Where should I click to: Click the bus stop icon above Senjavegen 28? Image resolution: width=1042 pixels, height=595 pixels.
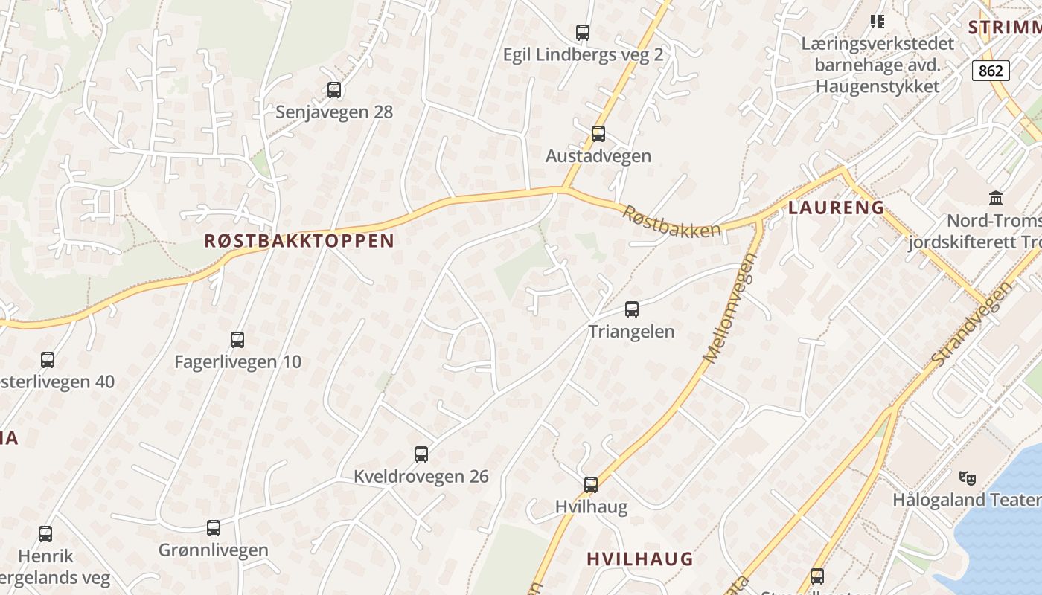click(x=334, y=90)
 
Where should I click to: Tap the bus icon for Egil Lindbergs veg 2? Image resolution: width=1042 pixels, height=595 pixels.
click(x=583, y=33)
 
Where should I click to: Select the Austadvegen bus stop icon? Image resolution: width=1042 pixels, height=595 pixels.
click(x=598, y=134)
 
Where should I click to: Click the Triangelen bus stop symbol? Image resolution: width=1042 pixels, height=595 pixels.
click(x=632, y=309)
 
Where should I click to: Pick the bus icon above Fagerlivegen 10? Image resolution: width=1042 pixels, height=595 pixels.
click(x=237, y=340)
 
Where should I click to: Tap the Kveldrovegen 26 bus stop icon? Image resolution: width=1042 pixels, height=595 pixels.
click(x=421, y=454)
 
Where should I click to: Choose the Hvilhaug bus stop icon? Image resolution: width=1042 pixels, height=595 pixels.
click(x=591, y=485)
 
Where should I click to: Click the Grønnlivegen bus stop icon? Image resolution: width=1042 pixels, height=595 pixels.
click(x=214, y=528)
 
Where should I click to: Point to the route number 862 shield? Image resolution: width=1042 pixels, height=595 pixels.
click(x=991, y=71)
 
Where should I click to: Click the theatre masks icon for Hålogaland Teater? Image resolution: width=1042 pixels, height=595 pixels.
click(x=968, y=477)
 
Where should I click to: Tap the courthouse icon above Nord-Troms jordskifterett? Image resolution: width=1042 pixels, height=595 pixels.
click(x=996, y=198)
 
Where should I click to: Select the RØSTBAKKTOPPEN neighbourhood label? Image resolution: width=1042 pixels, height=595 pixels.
click(x=299, y=241)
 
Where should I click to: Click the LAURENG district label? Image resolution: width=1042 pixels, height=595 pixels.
click(x=837, y=208)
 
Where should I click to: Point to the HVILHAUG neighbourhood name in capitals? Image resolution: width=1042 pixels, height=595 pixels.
click(x=640, y=559)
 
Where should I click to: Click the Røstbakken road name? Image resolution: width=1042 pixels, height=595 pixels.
click(x=672, y=222)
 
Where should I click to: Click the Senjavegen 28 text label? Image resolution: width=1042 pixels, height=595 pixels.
click(x=334, y=112)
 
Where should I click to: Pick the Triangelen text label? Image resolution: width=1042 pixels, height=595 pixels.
click(x=632, y=332)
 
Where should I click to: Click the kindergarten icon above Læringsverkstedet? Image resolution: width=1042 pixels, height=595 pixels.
click(x=878, y=22)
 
